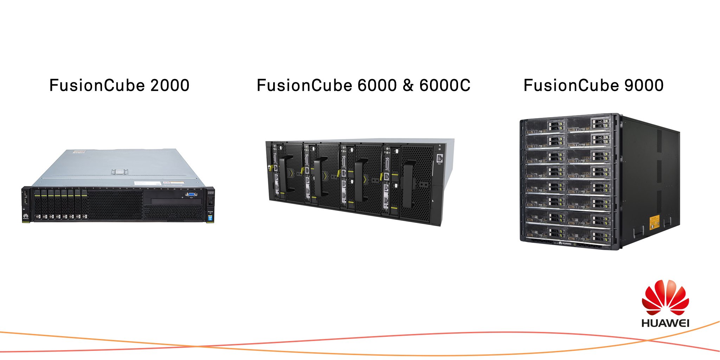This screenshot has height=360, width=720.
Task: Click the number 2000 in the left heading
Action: [x=170, y=85]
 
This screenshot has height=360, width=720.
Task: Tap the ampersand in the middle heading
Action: [x=408, y=85]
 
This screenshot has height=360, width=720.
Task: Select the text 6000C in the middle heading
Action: [x=445, y=85]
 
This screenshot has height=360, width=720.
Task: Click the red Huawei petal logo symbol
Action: [x=665, y=298]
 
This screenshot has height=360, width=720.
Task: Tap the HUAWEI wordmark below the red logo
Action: [x=665, y=323]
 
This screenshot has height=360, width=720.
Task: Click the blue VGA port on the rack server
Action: [x=191, y=194]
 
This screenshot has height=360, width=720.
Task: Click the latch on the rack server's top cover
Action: [x=119, y=172]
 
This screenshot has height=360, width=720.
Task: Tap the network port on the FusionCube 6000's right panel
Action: [x=439, y=158]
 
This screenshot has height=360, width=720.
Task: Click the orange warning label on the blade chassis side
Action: [x=654, y=223]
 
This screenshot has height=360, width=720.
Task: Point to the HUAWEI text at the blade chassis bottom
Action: [x=566, y=243]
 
